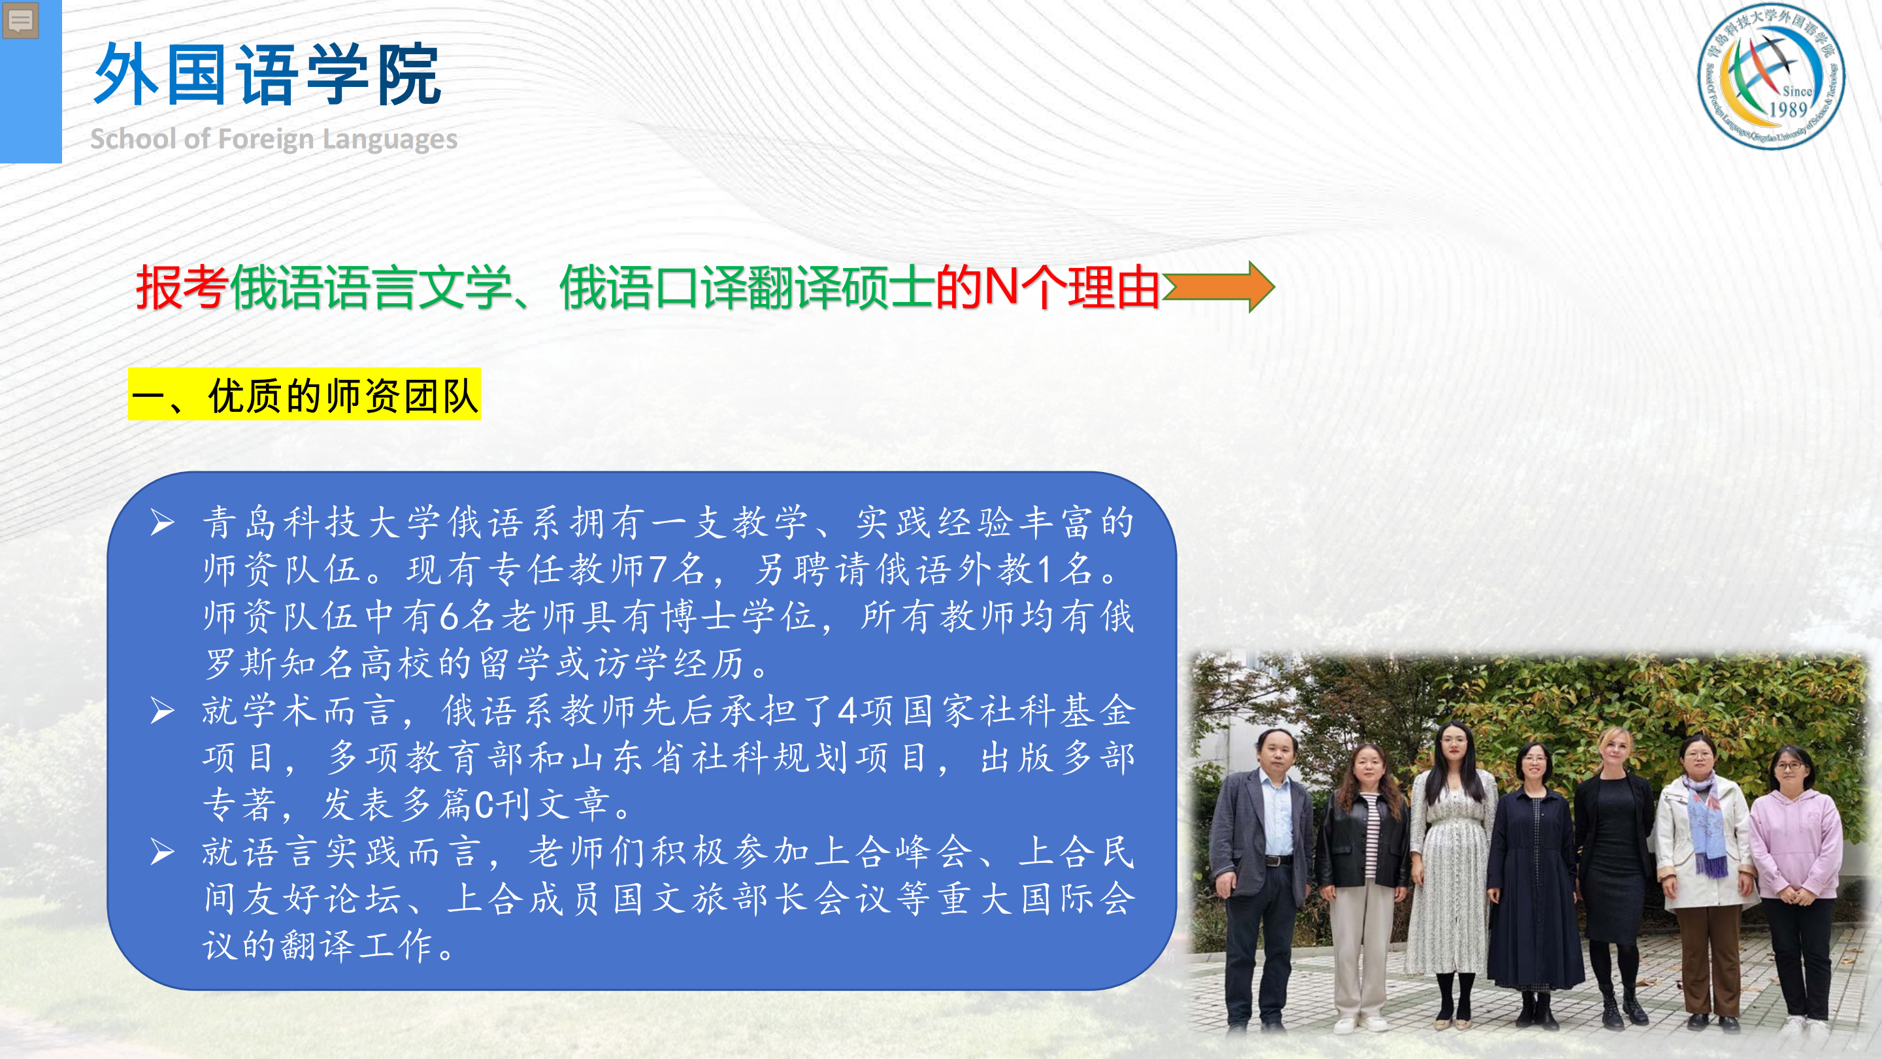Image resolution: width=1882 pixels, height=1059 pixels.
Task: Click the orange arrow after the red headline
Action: tap(1219, 287)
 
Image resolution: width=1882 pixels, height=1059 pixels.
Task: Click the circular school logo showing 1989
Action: tap(1771, 76)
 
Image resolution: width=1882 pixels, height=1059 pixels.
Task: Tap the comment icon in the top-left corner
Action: tap(20, 20)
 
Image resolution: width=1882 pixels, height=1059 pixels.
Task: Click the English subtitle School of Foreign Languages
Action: tap(273, 139)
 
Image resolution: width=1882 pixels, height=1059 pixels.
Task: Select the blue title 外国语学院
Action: tap(267, 74)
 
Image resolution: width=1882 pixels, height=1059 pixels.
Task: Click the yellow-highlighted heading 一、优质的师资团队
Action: tap(305, 395)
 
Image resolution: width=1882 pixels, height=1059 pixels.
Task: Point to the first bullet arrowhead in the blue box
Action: tap(162, 522)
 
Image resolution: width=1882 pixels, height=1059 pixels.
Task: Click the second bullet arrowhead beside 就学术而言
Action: tap(162, 711)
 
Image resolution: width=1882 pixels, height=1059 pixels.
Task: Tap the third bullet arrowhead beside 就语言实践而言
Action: tap(162, 851)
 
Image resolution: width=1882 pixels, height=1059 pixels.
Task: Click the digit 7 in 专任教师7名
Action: tap(657, 569)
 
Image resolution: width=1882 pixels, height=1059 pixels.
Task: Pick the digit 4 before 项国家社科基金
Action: tap(847, 711)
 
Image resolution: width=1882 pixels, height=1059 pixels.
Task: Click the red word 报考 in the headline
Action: tap(182, 287)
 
